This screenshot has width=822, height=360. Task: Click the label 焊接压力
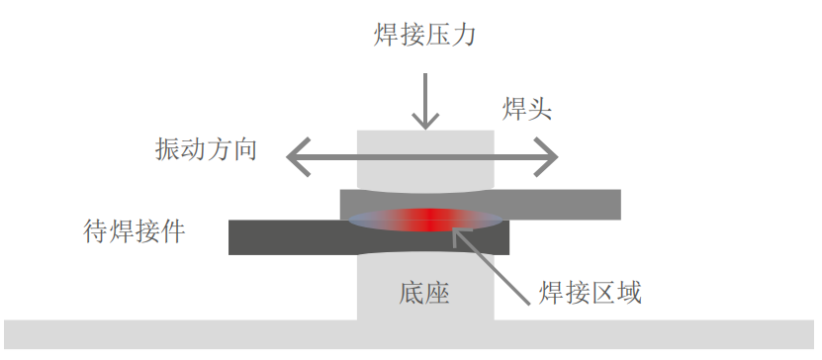(x=425, y=38)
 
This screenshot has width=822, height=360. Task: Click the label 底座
(x=425, y=293)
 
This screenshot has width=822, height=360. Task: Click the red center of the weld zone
(x=427, y=220)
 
